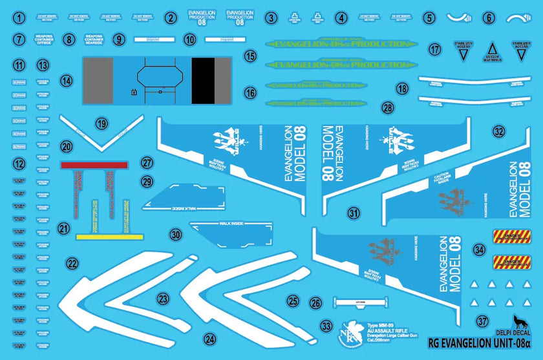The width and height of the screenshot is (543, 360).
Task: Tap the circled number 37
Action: pyautogui.click(x=483, y=321)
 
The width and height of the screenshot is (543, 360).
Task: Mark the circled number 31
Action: pyautogui.click(x=353, y=213)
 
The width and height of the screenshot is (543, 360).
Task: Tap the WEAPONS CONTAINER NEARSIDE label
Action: pyautogui.click(x=94, y=39)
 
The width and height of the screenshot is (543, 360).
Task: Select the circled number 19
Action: pyautogui.click(x=100, y=123)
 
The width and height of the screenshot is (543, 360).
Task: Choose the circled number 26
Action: pyautogui.click(x=315, y=302)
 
